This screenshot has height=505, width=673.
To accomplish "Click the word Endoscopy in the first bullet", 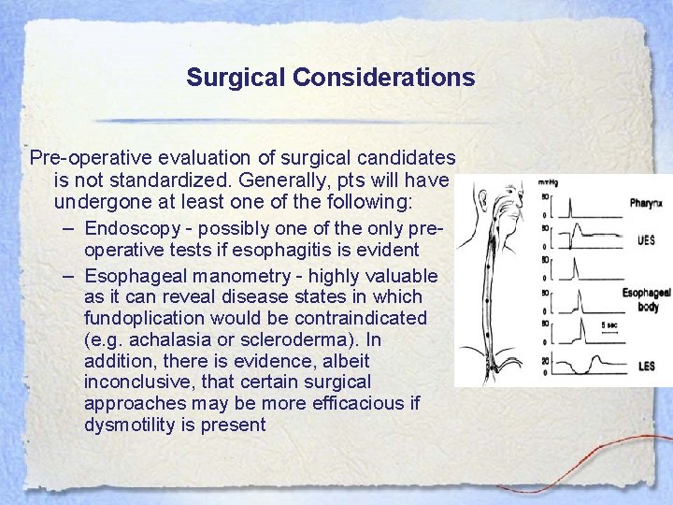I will pyautogui.click(x=127, y=228).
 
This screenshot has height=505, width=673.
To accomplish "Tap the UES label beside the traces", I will pyautogui.click(x=645, y=239).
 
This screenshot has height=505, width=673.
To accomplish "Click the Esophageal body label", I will pyautogui.click(x=646, y=299).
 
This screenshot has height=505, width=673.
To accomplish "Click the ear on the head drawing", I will pyautogui.click(x=480, y=200).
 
